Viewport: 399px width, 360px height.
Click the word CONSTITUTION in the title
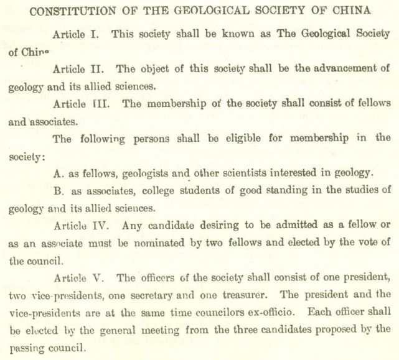point(70,11)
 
